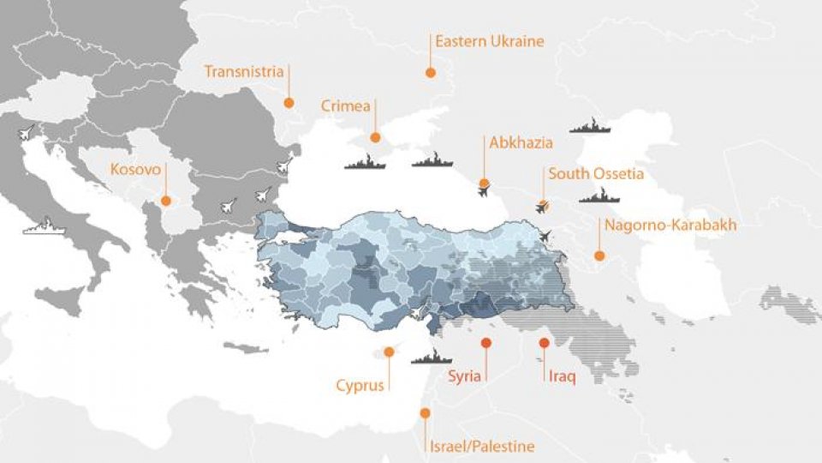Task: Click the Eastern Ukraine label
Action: point(489,41)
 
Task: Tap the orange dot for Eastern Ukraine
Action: point(430,74)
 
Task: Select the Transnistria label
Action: point(243,71)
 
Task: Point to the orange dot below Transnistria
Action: point(289,103)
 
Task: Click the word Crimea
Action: point(346,106)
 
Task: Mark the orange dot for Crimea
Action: point(374,137)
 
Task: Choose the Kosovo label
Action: point(135,170)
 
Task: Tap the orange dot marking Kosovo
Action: point(166,201)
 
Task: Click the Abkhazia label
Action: point(521,143)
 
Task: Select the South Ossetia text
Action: point(595,174)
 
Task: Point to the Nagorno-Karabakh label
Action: point(670,225)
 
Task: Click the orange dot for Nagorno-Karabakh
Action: point(599,256)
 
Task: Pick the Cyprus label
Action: point(360,385)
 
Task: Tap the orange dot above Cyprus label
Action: point(389,352)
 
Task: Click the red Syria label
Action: point(465,376)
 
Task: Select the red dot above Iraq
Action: point(544,343)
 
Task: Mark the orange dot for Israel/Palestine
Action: point(425,413)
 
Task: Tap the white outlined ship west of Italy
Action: point(43,229)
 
